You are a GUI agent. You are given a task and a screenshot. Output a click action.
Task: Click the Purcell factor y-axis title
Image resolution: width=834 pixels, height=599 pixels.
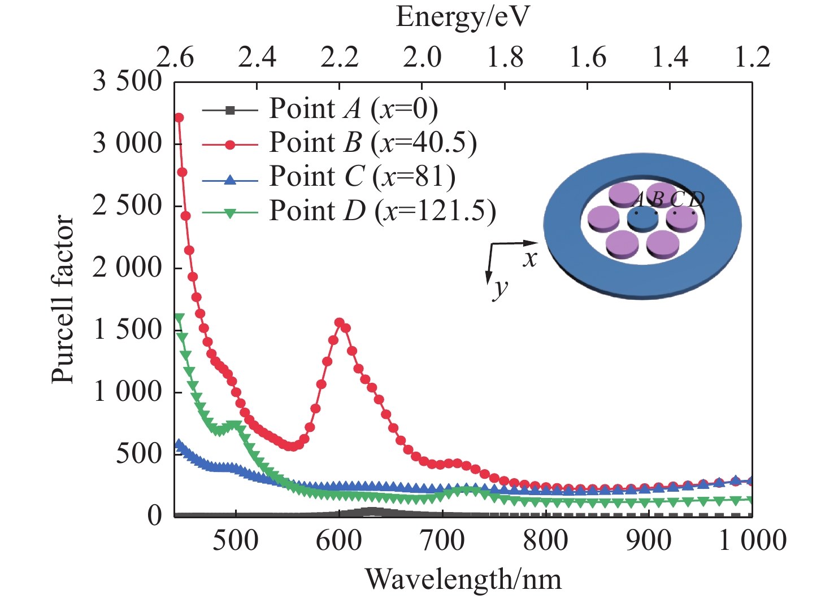(63, 299)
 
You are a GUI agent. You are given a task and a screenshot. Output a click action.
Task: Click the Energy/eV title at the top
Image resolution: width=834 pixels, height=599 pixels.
(463, 17)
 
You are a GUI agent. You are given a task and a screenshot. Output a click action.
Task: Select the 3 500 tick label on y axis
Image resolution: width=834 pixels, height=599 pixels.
(128, 81)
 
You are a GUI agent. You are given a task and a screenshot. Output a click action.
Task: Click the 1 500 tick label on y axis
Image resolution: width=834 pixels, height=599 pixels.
(128, 330)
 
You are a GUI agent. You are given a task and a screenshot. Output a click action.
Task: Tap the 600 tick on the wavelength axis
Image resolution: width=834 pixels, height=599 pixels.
(340, 540)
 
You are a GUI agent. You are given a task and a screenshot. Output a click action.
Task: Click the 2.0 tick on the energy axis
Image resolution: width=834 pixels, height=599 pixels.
(422, 58)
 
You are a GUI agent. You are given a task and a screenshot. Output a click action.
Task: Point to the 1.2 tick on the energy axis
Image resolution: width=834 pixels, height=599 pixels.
(752, 58)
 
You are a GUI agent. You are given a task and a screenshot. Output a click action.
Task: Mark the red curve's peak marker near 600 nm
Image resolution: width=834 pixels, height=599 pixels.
(340, 323)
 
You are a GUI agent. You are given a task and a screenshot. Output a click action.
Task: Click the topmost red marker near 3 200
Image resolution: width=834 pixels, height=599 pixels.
(179, 117)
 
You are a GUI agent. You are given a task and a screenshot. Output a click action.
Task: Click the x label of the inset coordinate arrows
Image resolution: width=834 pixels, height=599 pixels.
(529, 259)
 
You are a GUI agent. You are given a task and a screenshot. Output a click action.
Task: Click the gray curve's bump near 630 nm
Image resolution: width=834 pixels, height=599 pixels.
(372, 511)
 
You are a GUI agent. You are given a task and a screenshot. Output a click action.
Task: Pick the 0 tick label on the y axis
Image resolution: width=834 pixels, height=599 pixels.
(154, 515)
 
